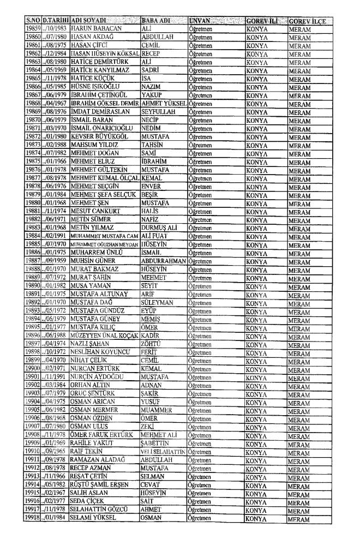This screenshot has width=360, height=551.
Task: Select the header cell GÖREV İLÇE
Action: tap(308, 20)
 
